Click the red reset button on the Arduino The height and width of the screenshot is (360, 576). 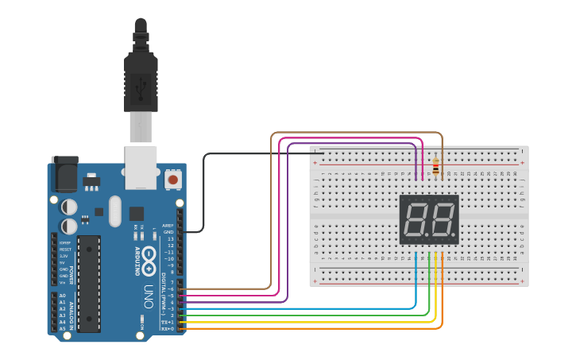172,180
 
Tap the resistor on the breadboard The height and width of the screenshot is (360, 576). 435,167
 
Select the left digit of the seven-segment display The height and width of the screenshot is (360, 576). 416,219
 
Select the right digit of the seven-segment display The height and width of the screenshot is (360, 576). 442,219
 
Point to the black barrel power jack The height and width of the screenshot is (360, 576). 64,173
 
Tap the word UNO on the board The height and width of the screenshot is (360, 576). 149,296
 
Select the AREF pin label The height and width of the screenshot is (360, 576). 168,226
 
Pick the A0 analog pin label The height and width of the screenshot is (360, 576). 63,296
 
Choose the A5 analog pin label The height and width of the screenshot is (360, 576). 63,327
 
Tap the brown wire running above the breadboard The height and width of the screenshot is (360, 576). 358,134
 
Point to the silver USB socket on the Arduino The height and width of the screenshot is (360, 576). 141,167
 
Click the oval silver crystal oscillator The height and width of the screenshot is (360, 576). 115,211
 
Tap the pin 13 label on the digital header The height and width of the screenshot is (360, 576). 168,239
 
